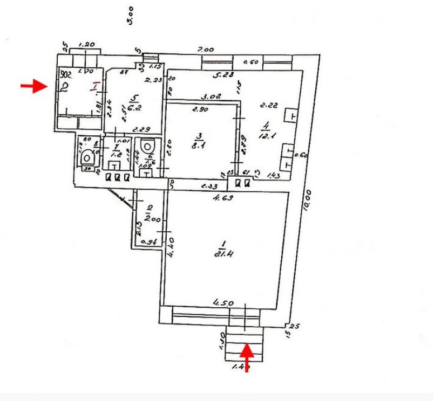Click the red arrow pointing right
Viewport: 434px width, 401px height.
coord(34,86)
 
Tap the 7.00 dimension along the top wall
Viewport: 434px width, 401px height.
coord(206,50)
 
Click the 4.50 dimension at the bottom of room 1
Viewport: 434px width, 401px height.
coord(224,303)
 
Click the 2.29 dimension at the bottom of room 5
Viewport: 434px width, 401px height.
coord(141,129)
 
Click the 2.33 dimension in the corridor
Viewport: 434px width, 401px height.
coord(210,186)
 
